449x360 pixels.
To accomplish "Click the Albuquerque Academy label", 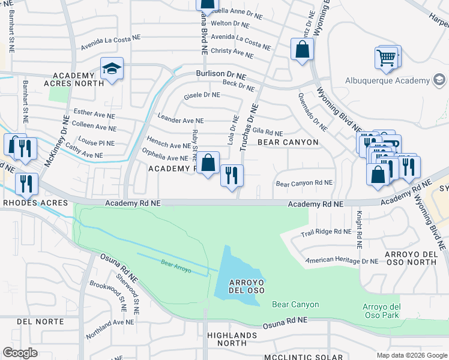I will coord(388,81).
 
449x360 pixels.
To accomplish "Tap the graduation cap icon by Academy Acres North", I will coord(112,70).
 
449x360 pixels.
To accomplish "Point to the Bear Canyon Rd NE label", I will coord(304,183).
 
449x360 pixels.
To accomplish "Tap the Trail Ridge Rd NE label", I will coord(326,232).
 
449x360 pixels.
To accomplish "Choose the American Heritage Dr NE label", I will coord(342,261).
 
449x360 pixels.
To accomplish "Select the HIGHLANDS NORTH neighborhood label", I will coord(227,339).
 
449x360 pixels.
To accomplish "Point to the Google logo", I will coord(20,353).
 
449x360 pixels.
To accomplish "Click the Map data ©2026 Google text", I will coord(411,355).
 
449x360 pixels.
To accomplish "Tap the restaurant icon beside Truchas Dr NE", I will coord(232,176).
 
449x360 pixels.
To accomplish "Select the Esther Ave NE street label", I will coord(94,112).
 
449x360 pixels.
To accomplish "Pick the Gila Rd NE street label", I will coord(267,131).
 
